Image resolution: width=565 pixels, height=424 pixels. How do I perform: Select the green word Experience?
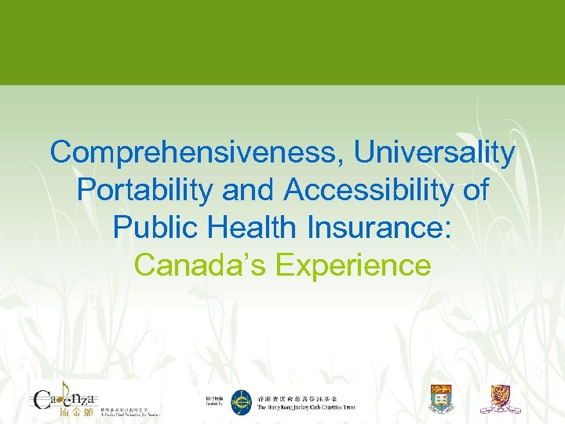pyautogui.click(x=354, y=265)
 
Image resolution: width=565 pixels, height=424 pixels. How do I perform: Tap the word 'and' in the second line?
pyautogui.click(x=250, y=191)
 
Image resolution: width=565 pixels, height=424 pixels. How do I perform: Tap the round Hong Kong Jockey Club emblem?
pyautogui.click(x=241, y=402)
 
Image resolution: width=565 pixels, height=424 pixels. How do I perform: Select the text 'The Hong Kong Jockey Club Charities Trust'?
pyautogui.click(x=306, y=408)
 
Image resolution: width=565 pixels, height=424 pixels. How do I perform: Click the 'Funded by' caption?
pyautogui.click(x=214, y=406)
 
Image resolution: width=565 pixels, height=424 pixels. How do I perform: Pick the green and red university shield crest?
pyautogui.click(x=441, y=399)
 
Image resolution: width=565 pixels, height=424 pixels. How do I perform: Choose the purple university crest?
pyautogui.click(x=500, y=398)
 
